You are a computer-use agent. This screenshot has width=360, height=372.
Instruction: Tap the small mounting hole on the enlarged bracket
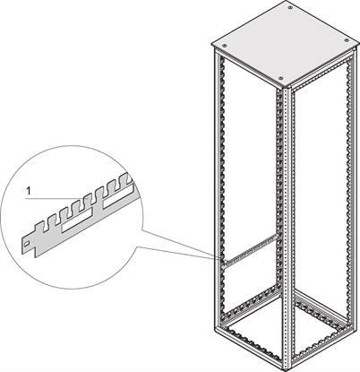(x=30, y=240)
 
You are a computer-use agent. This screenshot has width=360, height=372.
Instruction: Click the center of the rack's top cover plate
(x=282, y=42)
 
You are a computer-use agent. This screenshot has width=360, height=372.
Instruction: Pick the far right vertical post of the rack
(x=347, y=179)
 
